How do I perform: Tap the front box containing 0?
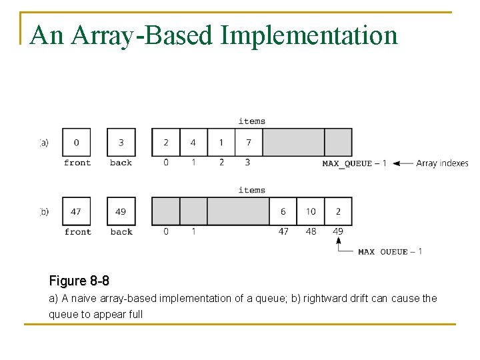tap(76, 142)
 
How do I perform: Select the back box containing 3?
tap(121, 142)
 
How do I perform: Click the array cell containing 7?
tap(249, 142)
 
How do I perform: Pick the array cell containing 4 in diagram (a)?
tap(193, 142)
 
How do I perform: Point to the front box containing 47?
tap(76, 211)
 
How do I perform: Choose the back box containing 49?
tap(121, 211)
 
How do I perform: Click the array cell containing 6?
tap(283, 211)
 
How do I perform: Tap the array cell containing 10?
tap(311, 211)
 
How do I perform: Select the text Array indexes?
tap(442, 163)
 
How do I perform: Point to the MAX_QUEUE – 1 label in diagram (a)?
tap(354, 163)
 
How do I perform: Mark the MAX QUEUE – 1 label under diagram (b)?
tap(390, 251)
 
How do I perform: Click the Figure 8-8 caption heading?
tap(79, 281)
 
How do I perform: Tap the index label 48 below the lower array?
tap(311, 232)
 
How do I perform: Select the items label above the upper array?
tap(251, 121)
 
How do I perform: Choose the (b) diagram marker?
tap(44, 211)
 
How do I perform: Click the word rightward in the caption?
tap(324, 298)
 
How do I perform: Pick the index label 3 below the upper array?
tap(247, 162)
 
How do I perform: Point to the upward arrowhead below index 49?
tap(339, 241)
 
